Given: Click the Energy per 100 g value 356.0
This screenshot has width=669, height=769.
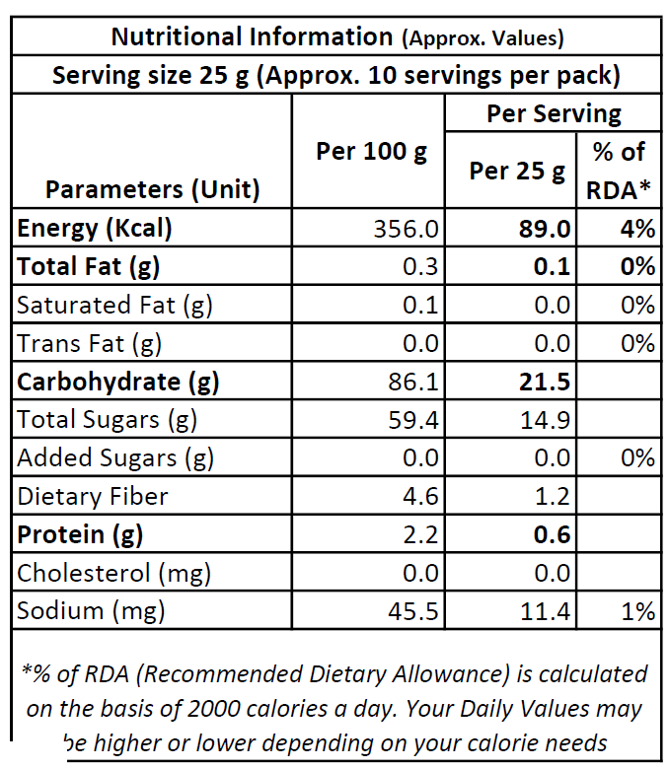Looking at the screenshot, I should pos(407,229).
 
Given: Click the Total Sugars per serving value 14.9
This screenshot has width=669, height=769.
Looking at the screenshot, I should pos(546,420).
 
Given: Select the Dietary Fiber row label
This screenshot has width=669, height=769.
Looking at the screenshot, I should pos(93,496).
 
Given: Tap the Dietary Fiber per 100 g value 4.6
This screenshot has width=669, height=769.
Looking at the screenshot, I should pos(421,496).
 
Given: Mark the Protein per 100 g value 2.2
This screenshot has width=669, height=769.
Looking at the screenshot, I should pos(421,534).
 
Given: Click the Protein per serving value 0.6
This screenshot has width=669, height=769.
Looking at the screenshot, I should pos(553,534).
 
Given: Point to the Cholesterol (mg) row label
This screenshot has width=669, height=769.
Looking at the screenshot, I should pos(113,573).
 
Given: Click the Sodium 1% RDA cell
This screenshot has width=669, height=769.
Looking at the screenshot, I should pos(637,611).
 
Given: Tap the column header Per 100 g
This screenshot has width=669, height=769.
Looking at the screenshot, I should pos(371,152).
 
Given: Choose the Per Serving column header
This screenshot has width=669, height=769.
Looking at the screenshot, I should pos(554,113).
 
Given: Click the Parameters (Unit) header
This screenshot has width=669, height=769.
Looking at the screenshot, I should pos(153,188).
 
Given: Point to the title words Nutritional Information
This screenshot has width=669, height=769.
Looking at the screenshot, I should pos(252,37).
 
